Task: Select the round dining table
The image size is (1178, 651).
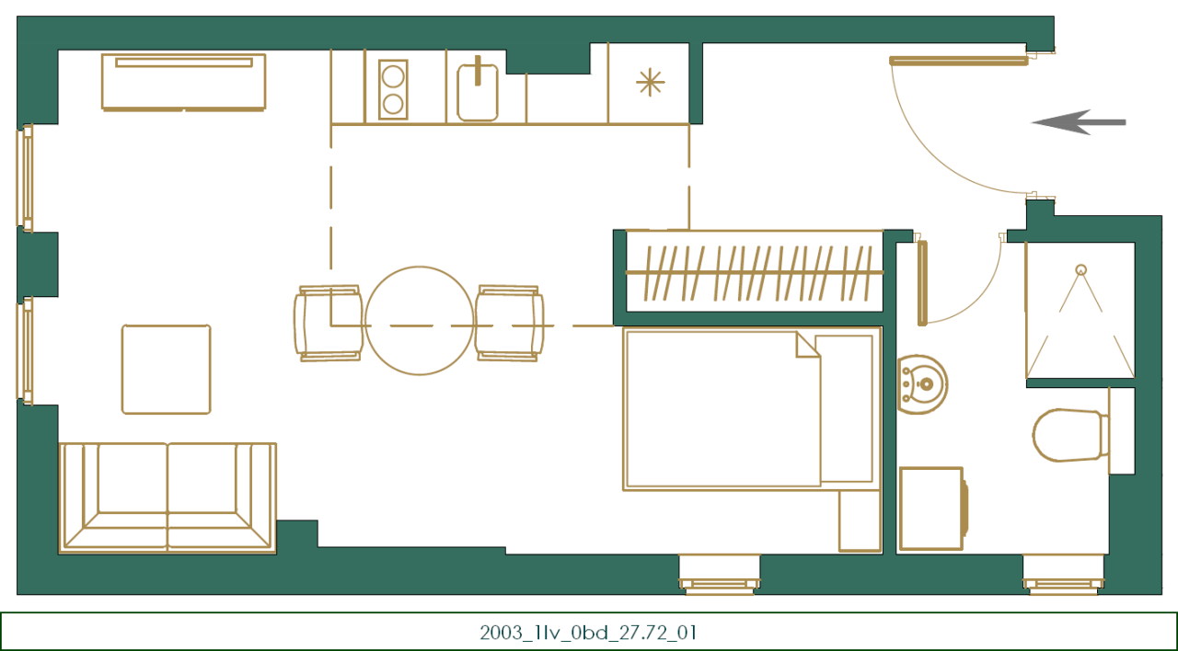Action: click(x=420, y=321)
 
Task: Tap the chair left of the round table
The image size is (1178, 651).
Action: click(x=328, y=323)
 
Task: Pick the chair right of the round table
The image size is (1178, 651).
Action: click(x=509, y=323)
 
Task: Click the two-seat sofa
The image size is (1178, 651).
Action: click(x=167, y=497)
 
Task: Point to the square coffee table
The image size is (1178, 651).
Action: click(x=166, y=369)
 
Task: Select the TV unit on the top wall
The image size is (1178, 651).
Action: click(x=184, y=81)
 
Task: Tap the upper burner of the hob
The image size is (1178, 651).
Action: click(x=393, y=74)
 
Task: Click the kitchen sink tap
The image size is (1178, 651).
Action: click(x=478, y=71)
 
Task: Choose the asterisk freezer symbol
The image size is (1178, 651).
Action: click(x=650, y=83)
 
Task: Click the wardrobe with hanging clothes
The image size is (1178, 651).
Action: click(x=753, y=273)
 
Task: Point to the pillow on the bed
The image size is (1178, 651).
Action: click(x=844, y=408)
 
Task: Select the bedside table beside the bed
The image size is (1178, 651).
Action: click(x=860, y=520)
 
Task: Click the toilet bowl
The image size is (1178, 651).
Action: click(x=1068, y=435)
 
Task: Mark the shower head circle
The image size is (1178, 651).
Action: click(x=1080, y=270)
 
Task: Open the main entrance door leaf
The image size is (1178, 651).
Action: click(x=958, y=62)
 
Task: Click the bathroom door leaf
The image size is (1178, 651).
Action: click(x=922, y=282)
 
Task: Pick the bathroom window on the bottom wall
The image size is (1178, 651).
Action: click(x=1064, y=575)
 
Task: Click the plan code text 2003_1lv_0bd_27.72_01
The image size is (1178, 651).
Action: click(x=588, y=633)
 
